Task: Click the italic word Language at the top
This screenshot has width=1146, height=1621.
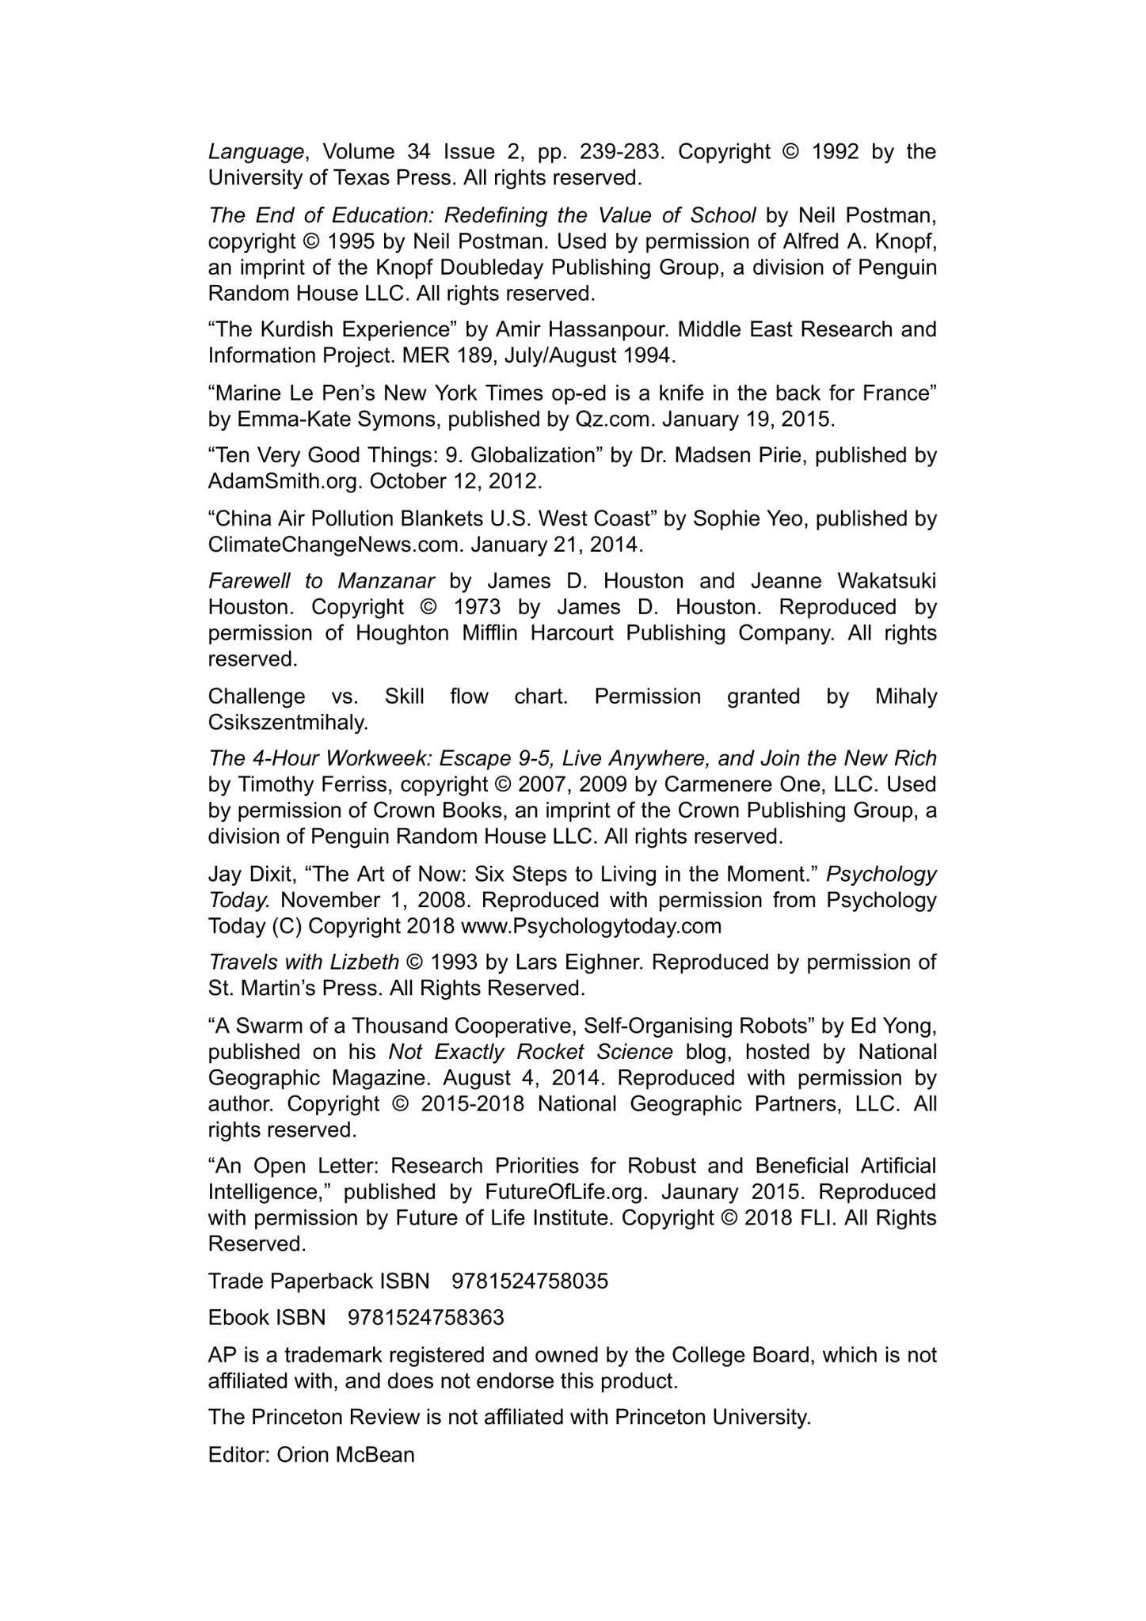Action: coord(255,152)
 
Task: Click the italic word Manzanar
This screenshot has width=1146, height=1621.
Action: coord(386,582)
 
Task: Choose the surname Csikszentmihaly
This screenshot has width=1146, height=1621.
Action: coord(288,723)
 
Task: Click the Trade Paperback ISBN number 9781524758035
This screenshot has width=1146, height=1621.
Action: coord(530,1281)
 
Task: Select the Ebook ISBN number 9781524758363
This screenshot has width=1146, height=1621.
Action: coord(426,1318)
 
